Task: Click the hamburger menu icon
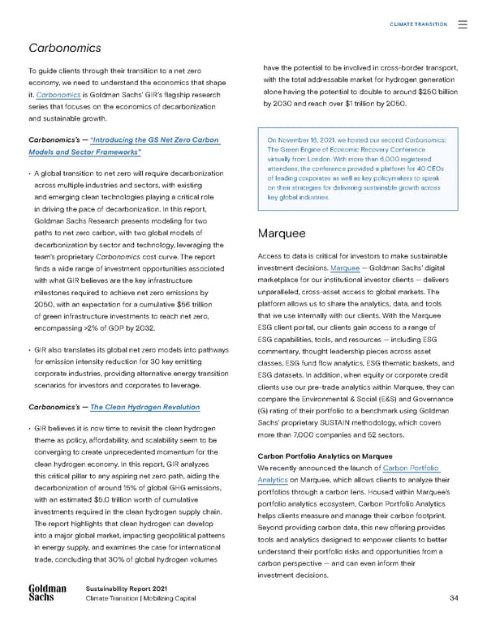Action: pos(463,24)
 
